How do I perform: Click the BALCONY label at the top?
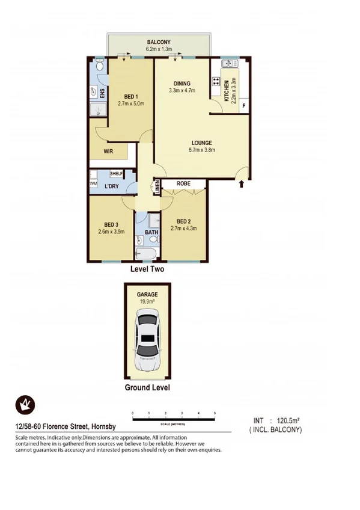coord(160,42)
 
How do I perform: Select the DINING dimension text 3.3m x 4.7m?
coord(183,91)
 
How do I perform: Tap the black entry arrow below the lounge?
coord(242,183)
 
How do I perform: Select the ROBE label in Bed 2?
coord(183,184)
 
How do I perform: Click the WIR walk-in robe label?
coord(109,152)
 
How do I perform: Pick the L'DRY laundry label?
coord(111,186)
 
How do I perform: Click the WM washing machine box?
coord(93,182)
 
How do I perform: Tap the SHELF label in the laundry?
coord(116,174)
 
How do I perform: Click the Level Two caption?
coord(147,270)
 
